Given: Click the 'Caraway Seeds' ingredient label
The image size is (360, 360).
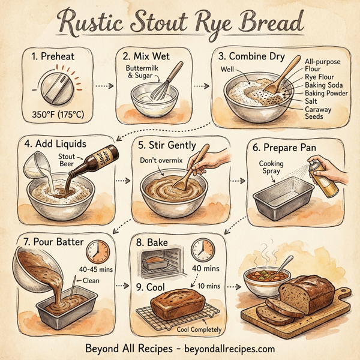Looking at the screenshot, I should pyautogui.click(x=319, y=113).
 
